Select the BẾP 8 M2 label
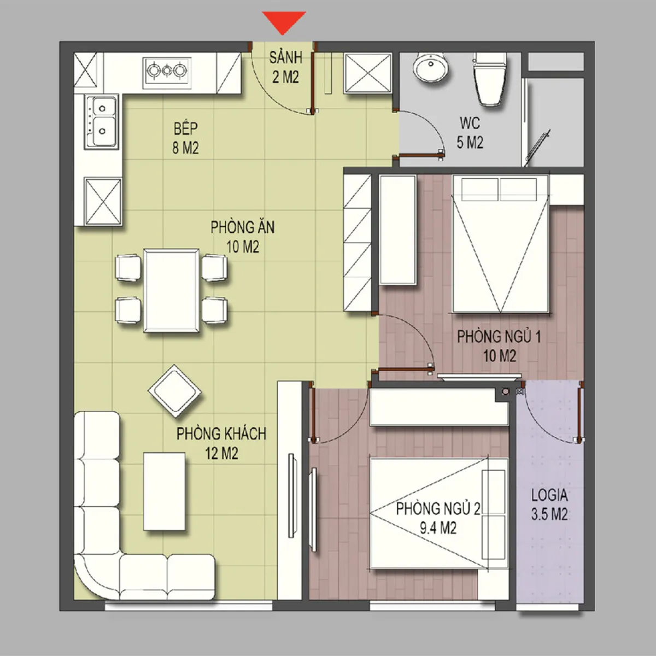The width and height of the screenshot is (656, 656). [x=185, y=138]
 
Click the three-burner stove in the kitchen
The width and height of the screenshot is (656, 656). [x=167, y=72]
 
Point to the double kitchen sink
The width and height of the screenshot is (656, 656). [x=101, y=122]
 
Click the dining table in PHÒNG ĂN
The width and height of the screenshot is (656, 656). [x=171, y=290]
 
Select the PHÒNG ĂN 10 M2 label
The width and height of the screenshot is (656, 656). [x=243, y=237]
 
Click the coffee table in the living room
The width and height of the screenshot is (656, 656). [x=164, y=491]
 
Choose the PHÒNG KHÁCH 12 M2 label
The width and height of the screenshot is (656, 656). [x=221, y=443]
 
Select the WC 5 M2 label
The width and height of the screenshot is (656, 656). [x=470, y=133]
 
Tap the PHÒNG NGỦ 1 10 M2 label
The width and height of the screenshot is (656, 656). [x=499, y=346]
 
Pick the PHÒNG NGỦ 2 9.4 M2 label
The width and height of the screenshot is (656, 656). [x=438, y=518]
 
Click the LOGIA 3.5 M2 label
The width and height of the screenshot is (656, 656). [x=549, y=505]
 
